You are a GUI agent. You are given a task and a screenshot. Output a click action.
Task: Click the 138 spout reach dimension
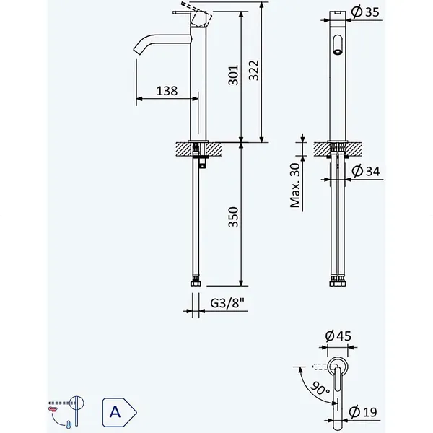coord(167,91)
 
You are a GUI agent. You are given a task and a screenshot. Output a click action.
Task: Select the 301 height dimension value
coord(233,75)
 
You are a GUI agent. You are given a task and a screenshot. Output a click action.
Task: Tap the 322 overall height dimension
coord(254,70)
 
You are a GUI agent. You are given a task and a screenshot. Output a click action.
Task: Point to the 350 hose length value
coord(233,216)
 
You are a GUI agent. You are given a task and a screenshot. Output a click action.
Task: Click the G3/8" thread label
coord(227,303)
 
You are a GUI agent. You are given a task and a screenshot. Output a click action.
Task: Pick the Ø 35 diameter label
coord(365,12)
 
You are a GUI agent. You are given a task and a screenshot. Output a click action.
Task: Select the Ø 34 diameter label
coord(366,171)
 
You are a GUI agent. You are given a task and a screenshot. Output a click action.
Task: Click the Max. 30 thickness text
coord(295,185)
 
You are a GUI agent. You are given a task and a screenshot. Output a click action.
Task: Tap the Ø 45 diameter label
coord(338,336)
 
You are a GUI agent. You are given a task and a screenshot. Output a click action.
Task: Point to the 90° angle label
coord(320,388)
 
